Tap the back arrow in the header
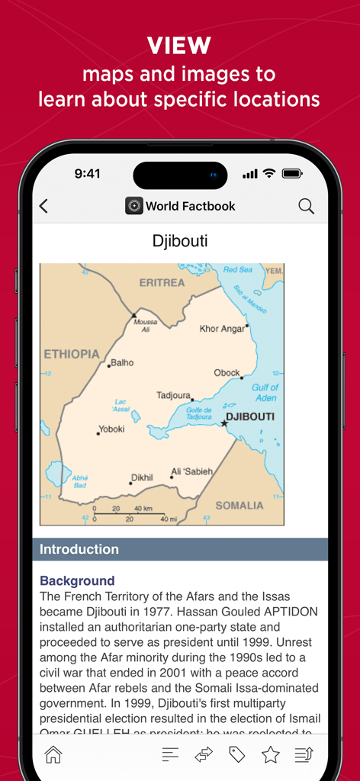pos(43,206)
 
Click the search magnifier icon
pos(306,206)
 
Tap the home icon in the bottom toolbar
pos(53,754)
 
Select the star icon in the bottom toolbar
pos(270,754)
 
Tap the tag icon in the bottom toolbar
pos(237,754)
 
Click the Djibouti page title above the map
pos(180,242)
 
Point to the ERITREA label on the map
pos(162,282)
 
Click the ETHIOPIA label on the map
pos(72,354)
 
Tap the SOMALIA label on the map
pos(239,505)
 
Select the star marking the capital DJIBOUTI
pos(224,423)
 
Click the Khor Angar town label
pos(222,329)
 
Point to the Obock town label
pos(227,373)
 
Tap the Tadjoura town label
pos(173,395)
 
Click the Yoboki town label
pos(111,429)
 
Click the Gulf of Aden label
pos(265,392)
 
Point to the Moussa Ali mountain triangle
pos(134,314)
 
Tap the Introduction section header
pos(79,549)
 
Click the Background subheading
pos(77,580)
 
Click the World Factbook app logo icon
pos(134,206)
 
